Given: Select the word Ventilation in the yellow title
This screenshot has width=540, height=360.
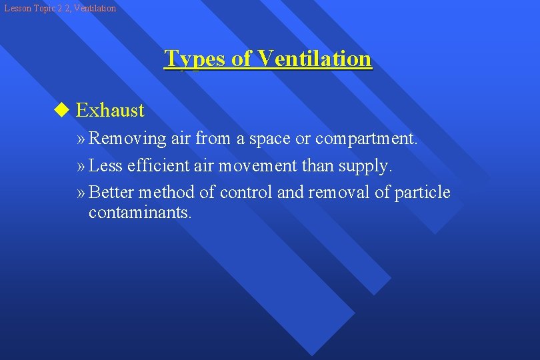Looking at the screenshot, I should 315,59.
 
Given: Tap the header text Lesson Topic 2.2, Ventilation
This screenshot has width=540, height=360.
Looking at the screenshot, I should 60,8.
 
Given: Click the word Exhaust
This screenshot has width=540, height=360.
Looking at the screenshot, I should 110,110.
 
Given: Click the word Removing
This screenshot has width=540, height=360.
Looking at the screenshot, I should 127,139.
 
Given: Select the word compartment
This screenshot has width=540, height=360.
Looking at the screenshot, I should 366,139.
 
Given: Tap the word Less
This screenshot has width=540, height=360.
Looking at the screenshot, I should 105,165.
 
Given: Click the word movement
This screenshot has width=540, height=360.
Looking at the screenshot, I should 261,165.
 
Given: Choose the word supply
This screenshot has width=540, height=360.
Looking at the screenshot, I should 365,166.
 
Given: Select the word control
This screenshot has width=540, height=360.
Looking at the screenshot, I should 246,193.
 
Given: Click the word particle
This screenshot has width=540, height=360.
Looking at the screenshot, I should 423,193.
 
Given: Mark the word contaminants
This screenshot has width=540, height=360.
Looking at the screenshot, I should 140,213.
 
